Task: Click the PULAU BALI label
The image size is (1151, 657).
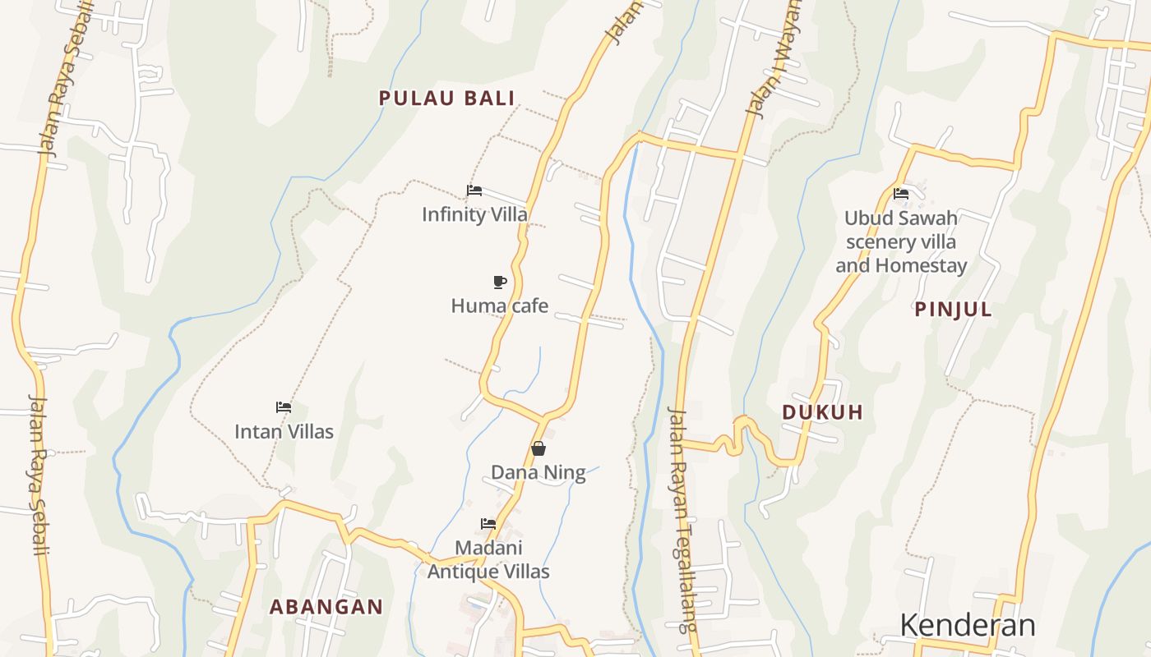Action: tap(446, 99)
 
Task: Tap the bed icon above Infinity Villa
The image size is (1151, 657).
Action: tap(474, 191)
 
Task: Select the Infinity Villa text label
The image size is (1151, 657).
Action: tap(474, 214)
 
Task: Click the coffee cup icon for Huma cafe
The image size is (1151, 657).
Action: tap(499, 283)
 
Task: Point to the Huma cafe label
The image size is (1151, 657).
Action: tap(499, 306)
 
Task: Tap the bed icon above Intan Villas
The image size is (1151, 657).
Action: tap(284, 407)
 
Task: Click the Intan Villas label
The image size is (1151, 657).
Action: tap(284, 431)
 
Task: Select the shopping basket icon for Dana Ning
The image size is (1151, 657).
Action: tap(539, 448)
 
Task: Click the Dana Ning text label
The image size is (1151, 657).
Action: tap(539, 472)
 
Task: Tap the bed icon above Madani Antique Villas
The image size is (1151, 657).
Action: tap(488, 524)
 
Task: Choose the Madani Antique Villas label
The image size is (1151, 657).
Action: tap(488, 559)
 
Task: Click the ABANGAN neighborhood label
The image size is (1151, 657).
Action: tap(326, 607)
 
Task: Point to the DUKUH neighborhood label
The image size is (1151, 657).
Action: tap(822, 412)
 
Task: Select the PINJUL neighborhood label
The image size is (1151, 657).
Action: tap(953, 310)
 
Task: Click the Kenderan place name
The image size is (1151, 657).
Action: tap(967, 625)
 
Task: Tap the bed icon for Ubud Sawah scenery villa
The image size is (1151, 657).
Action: tap(901, 194)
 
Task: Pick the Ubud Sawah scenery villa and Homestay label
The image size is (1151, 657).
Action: tap(901, 242)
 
